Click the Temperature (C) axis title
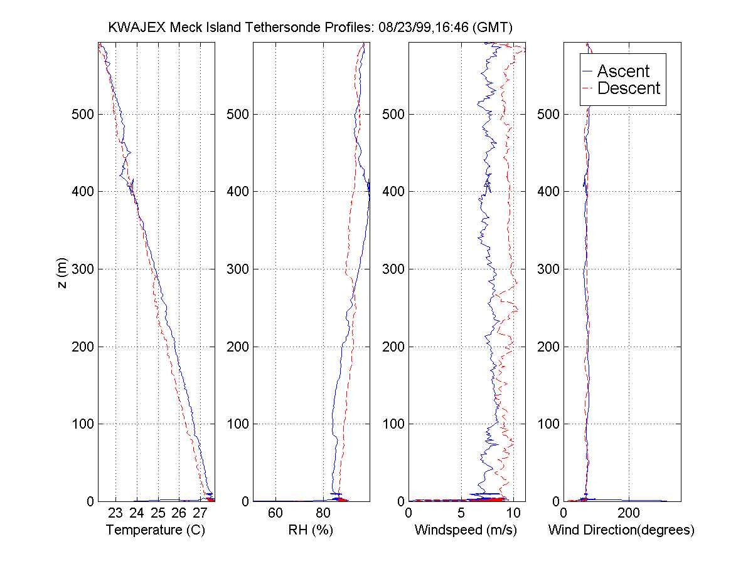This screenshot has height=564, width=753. point(156,530)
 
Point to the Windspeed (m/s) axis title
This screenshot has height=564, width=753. point(466,530)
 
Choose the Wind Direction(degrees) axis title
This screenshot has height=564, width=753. point(621,530)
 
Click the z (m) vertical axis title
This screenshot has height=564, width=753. point(61,271)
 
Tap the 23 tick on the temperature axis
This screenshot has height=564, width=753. point(115,513)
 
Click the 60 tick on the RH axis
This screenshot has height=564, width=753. point(275,513)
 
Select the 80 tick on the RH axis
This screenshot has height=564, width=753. point(324,513)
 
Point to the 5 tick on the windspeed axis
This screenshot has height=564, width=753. point(461,513)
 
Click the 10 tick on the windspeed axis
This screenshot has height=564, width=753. point(513,513)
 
